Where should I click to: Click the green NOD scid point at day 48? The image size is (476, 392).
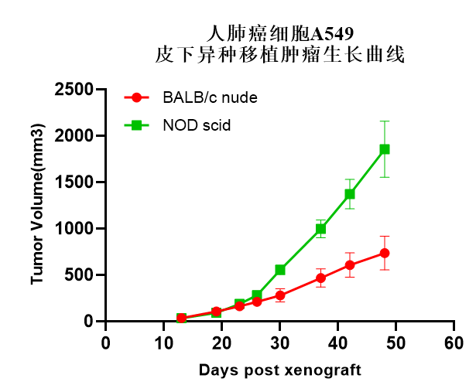point(384,149)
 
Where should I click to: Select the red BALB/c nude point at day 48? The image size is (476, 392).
point(384,253)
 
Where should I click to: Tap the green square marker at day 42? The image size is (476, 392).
point(350,194)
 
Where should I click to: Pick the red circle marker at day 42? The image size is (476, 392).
point(350,265)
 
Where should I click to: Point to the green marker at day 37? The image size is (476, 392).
point(320,229)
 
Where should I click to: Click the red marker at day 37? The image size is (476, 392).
point(320,278)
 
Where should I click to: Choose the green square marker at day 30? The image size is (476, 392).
point(280,270)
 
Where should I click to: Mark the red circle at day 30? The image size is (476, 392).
point(280,295)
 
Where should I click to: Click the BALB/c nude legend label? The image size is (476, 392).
point(210,98)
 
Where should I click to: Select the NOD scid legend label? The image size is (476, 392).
point(197,125)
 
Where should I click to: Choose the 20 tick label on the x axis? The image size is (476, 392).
point(222,343)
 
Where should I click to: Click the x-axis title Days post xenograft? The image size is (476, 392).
point(279,370)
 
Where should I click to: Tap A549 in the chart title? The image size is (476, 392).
point(334,33)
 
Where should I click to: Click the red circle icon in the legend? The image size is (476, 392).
point(137,98)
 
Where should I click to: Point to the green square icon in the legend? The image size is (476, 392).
point(137,125)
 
